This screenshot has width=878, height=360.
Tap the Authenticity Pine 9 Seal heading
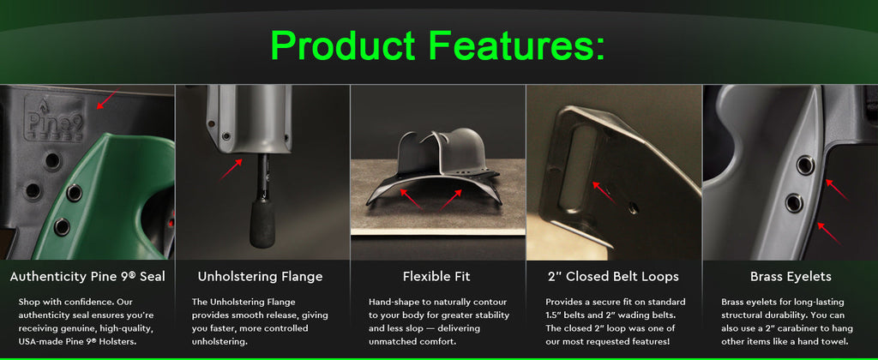click(x=87, y=277)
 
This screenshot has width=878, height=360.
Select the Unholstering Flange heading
click(x=260, y=277)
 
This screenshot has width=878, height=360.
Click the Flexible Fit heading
click(x=436, y=277)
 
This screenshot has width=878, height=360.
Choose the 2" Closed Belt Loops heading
click(x=612, y=277)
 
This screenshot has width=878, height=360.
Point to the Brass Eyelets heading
click(x=789, y=277)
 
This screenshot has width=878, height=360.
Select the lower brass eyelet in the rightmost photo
click(x=795, y=203)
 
